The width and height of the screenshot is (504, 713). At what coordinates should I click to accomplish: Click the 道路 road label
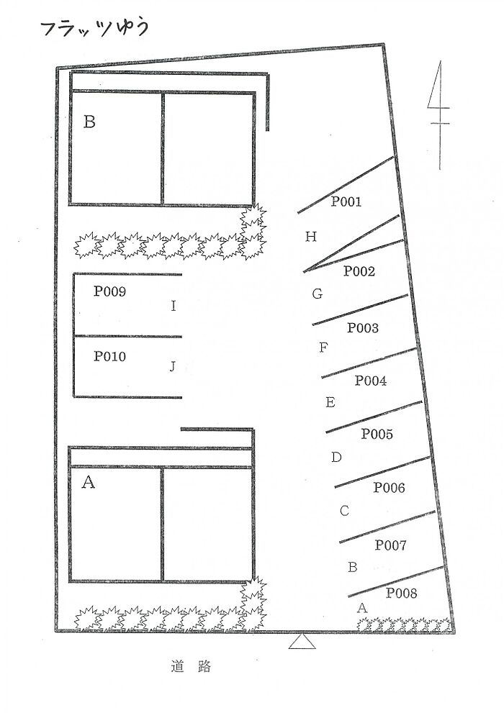[192, 667]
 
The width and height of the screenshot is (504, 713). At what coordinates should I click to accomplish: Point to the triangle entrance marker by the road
[302, 640]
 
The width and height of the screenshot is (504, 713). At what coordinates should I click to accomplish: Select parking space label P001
[346, 202]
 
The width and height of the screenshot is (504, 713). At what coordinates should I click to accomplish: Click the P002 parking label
[359, 271]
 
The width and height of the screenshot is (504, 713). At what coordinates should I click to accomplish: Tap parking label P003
[363, 328]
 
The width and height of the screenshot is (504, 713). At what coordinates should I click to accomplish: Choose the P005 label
[377, 434]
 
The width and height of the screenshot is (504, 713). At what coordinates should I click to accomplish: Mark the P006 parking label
[389, 489]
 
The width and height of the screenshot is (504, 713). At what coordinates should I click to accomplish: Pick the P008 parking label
[401, 594]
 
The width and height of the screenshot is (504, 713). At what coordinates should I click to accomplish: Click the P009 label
[110, 292]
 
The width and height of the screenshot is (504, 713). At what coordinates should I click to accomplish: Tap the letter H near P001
[311, 237]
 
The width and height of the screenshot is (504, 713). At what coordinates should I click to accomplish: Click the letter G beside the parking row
[317, 294]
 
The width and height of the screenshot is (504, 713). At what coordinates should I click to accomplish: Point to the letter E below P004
[330, 402]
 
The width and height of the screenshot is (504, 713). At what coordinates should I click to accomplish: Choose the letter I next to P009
[173, 306]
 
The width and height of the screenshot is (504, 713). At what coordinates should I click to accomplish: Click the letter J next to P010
[173, 366]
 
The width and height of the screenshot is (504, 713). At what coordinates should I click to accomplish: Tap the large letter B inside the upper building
[89, 122]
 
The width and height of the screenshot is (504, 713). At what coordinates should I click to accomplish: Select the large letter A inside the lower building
[89, 483]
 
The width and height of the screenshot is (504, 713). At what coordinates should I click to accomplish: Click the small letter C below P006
[344, 511]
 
